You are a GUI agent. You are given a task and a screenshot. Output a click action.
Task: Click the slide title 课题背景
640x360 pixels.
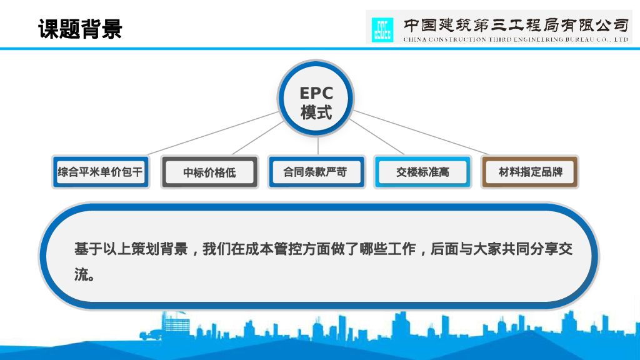(x=80, y=29)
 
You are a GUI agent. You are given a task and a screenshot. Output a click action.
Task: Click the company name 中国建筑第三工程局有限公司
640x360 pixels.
(x=515, y=24)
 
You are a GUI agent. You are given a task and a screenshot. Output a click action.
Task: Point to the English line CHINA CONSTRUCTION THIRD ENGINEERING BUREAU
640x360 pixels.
(x=515, y=39)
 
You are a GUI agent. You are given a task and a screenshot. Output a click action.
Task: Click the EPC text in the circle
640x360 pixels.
(x=316, y=93)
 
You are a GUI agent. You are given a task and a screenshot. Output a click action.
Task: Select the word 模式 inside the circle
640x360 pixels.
(x=316, y=113)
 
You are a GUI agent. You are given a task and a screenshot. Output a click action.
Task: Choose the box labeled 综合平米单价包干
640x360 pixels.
(x=101, y=172)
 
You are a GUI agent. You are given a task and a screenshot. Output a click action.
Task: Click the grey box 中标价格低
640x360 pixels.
(x=209, y=172)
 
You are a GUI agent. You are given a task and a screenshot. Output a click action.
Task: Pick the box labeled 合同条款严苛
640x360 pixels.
(x=316, y=172)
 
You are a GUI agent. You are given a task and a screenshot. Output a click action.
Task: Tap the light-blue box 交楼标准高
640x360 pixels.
(x=422, y=172)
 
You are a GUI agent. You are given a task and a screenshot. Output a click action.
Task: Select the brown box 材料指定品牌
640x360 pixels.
(x=531, y=172)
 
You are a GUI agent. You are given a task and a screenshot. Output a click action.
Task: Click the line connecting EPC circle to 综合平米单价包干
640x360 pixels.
(x=212, y=134)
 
